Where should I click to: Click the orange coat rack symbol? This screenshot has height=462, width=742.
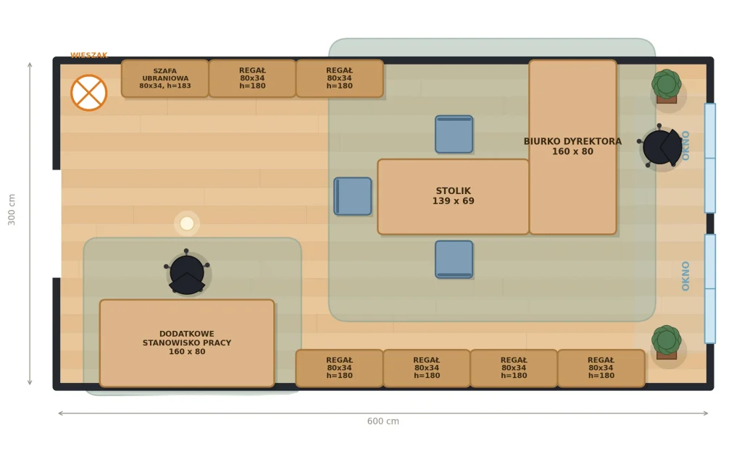(x=89, y=93)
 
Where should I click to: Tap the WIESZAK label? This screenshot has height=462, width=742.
(x=89, y=55)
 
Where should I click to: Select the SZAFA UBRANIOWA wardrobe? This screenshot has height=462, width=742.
(x=165, y=78)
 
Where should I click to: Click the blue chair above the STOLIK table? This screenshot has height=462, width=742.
(x=454, y=134)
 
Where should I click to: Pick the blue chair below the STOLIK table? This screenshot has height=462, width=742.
(x=454, y=259)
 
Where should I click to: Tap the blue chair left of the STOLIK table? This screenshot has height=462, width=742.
(x=353, y=196)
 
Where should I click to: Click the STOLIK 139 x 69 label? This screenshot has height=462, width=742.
(x=454, y=196)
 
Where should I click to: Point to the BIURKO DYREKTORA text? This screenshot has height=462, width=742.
(x=572, y=141)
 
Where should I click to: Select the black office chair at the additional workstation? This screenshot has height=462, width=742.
(x=187, y=272)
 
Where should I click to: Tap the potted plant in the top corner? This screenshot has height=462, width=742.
(x=667, y=86)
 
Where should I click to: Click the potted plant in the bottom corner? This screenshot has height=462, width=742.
(x=667, y=342)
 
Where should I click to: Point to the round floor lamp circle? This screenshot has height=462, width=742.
(x=187, y=224)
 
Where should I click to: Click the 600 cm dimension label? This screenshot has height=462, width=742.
(x=383, y=421)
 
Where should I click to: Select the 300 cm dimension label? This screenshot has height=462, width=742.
(x=12, y=209)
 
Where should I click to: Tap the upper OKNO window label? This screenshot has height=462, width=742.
(x=685, y=146)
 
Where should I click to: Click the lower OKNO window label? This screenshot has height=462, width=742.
(x=685, y=276)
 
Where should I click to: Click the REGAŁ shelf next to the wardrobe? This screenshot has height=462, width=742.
(x=252, y=78)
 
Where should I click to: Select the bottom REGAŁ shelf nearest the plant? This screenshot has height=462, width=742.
(x=601, y=369)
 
